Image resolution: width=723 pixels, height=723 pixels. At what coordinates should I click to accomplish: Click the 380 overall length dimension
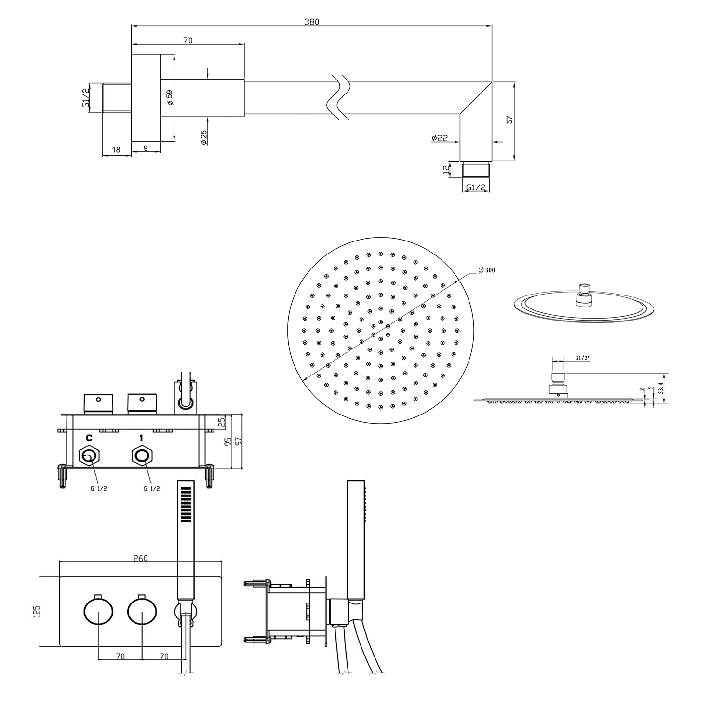tap(312, 22)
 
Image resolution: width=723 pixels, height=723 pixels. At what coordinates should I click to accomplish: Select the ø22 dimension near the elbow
tap(440, 138)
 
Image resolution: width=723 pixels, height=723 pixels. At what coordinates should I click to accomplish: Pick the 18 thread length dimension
tap(116, 150)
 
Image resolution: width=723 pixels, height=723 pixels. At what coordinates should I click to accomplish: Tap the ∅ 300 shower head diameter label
tap(486, 270)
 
